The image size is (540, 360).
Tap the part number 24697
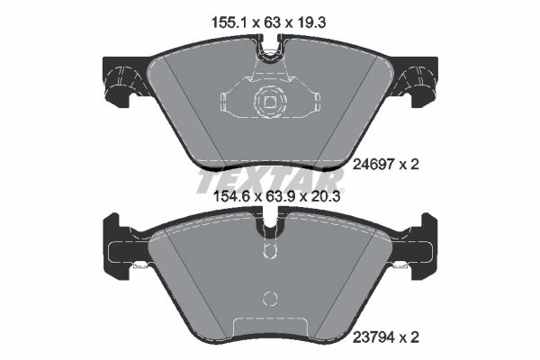[373, 165]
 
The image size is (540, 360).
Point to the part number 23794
[373, 337]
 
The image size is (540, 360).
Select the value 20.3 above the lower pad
[325, 197]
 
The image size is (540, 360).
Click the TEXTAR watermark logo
[270, 180]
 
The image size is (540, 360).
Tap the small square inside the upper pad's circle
[270, 103]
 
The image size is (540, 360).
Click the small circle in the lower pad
[270, 298]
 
